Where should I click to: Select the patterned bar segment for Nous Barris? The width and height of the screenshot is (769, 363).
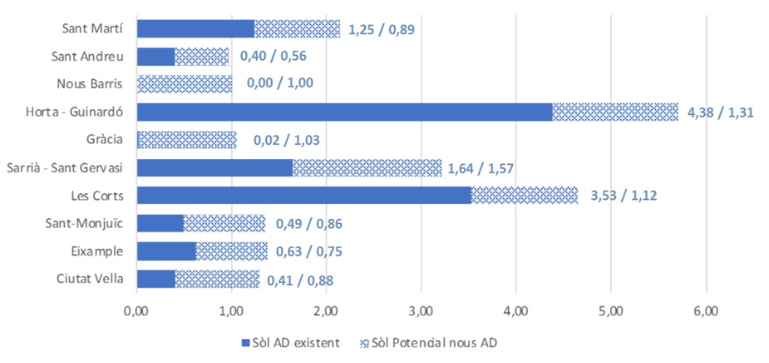coord(185,83)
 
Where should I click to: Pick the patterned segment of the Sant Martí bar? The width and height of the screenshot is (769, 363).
coord(297,29)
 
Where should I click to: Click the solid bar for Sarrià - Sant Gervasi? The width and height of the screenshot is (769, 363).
coord(214,167)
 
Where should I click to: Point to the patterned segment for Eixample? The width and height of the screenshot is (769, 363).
coord(231,251)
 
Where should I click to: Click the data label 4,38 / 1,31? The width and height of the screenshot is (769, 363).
coord(720,112)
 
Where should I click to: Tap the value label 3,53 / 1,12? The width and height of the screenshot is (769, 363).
coord(619,195)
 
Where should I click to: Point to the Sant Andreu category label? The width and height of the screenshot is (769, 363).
coord(88,57)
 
